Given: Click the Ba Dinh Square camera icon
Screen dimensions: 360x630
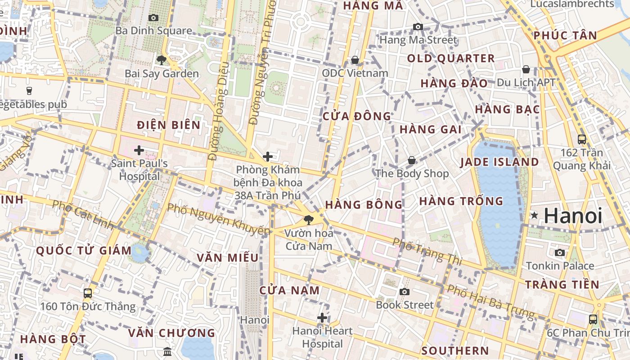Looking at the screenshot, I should point(153,18).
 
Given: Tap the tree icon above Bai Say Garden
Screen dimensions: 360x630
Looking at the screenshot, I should point(161,60).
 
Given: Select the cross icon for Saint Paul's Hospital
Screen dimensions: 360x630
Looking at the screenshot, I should point(139,150).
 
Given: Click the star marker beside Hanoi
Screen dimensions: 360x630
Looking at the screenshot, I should point(534,216).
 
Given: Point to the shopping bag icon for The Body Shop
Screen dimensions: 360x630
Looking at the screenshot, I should point(411,160).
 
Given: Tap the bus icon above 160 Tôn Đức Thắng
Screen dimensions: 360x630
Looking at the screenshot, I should point(88,293).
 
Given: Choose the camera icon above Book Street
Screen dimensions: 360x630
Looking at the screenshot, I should point(405,292).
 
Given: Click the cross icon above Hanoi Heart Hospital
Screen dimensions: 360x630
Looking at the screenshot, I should point(322,318).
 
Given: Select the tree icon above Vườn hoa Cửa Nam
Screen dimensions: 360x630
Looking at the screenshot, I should point(309,220).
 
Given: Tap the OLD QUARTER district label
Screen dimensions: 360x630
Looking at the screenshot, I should point(451,58).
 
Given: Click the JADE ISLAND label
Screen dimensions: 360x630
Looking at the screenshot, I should point(499,162).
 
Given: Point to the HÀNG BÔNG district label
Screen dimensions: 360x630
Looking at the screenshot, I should point(364,205).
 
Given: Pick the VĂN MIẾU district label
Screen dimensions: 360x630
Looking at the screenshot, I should point(228,258).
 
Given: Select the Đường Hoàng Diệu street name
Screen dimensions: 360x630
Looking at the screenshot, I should point(219,111).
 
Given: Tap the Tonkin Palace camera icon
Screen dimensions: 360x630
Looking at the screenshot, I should point(560,252).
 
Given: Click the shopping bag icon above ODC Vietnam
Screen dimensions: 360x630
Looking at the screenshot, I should point(355,60).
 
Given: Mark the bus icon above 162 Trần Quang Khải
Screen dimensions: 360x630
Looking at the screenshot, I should point(582,139).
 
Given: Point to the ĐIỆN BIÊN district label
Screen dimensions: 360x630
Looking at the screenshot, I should point(169,125).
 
